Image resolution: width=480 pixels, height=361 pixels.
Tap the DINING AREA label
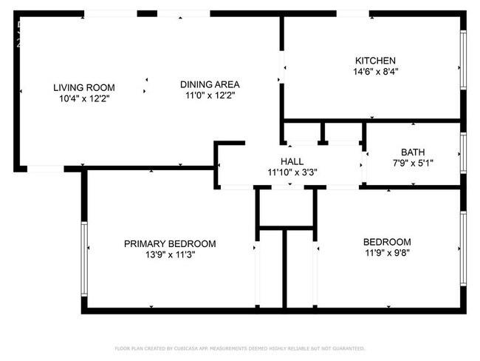click(210, 84)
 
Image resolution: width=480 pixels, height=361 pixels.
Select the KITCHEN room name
click(376, 61)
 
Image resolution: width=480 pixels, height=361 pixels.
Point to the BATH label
click(413, 152)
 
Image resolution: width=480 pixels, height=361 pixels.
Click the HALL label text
click(292, 161)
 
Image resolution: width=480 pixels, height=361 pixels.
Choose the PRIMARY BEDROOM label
click(170, 243)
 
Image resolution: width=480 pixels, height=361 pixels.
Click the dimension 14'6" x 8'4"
click(376, 72)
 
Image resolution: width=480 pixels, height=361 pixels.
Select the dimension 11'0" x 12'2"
click(210, 95)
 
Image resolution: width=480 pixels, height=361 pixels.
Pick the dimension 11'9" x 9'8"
click(387, 253)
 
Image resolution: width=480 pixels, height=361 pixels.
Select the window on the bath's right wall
click(463, 152)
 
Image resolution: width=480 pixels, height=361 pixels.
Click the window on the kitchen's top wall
click(352, 13)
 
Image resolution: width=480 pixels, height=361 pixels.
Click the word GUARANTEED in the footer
click(346, 348)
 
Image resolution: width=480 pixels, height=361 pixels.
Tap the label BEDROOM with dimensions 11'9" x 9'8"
click(387, 242)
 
